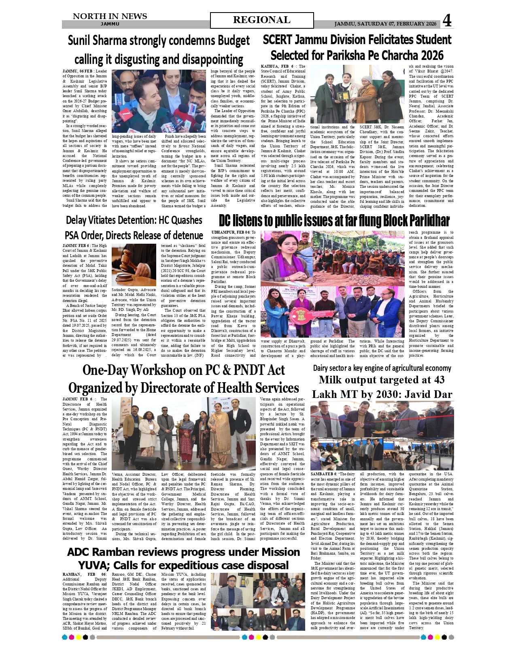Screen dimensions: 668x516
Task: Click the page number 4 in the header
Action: point(447,20)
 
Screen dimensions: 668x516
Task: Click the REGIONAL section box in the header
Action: point(261,20)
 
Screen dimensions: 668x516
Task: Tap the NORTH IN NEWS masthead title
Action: point(110,16)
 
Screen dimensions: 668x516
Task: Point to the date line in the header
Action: point(385,24)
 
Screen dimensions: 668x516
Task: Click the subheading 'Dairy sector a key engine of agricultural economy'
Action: point(382,368)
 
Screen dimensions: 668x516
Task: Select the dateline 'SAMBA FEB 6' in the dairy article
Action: point(323,474)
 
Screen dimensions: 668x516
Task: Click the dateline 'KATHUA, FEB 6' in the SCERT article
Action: point(277,66)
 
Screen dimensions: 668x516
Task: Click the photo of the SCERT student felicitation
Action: point(357,94)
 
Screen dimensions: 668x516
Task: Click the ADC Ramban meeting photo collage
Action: point(258,601)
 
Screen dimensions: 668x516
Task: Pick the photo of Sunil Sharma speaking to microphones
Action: point(159,101)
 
